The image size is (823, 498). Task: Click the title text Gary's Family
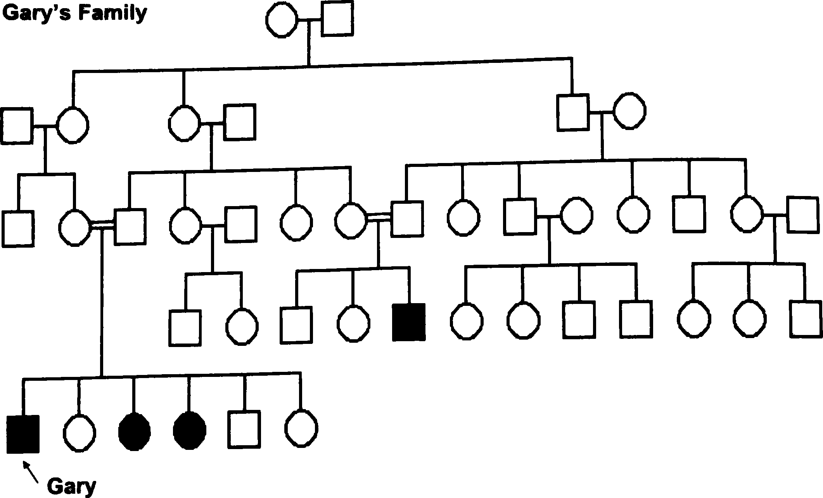click(x=74, y=13)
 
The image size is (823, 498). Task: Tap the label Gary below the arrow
click(x=71, y=486)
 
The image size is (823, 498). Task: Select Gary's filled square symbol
click(x=23, y=434)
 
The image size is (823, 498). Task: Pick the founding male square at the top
click(x=337, y=19)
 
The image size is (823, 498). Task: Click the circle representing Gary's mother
click(x=74, y=228)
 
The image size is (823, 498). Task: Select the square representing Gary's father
click(x=130, y=227)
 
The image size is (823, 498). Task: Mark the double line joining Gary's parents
click(x=102, y=226)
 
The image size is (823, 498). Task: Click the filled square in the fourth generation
click(x=409, y=322)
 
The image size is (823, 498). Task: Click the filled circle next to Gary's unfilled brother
click(x=190, y=430)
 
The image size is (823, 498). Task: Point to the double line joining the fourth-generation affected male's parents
click(x=379, y=217)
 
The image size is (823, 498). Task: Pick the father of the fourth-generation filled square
click(x=407, y=219)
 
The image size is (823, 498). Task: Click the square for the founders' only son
click(x=572, y=112)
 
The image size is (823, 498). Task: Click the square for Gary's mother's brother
click(x=18, y=228)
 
